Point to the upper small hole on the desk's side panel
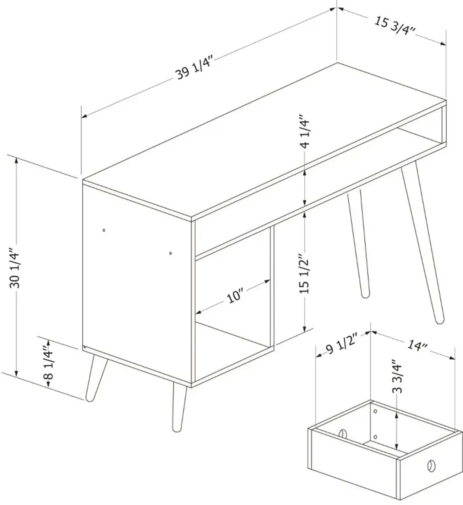[104, 230]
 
